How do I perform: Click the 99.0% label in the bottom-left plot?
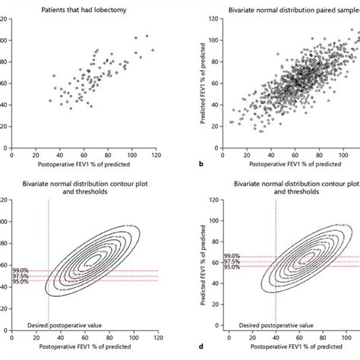point(21,270)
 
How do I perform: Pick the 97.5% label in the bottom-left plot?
point(21,276)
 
